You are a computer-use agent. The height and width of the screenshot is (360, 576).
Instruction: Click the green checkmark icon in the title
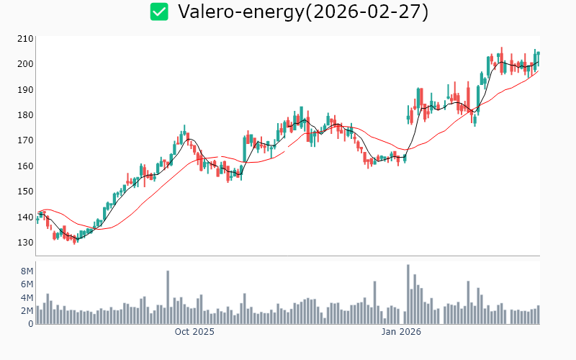tap(159, 12)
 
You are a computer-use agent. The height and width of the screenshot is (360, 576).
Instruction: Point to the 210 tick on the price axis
tap(26, 38)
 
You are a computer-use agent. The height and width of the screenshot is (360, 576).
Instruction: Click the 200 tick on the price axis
tap(26, 64)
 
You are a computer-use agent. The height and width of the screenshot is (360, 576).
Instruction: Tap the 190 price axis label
tap(26, 89)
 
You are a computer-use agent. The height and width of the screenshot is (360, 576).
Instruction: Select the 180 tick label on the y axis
tap(26, 115)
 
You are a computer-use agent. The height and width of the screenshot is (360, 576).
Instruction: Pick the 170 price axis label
tap(26, 140)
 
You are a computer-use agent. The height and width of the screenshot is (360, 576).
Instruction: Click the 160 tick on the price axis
tap(26, 166)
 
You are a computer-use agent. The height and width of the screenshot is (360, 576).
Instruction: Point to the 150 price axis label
tap(26, 192)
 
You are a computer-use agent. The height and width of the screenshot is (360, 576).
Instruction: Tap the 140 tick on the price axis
tap(26, 217)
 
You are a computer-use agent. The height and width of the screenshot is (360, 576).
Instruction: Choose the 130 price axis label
tap(26, 243)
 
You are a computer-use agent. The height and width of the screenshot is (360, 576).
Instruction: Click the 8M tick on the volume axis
tap(27, 271)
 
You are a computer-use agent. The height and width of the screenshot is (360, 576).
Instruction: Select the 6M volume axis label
tap(27, 284)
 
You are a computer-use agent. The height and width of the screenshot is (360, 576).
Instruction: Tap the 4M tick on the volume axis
tap(27, 297)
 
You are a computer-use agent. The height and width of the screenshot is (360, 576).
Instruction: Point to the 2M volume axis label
tap(27, 311)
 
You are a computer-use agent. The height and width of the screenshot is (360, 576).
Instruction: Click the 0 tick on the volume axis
tap(31, 324)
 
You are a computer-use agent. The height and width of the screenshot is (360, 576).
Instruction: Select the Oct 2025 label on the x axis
tap(194, 332)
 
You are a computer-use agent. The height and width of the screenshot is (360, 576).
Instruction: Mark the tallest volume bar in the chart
tap(408, 294)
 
